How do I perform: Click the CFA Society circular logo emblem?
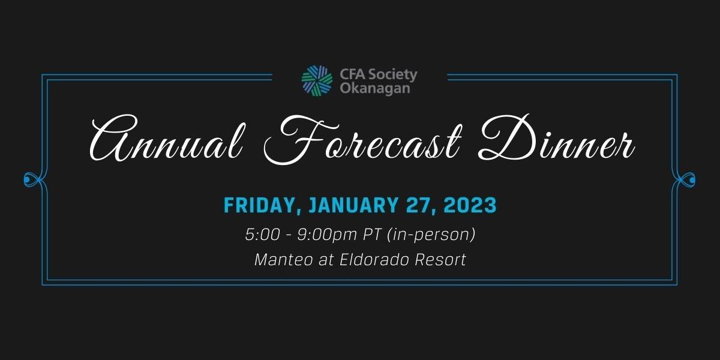pyautogui.click(x=317, y=80)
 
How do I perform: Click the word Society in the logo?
pyautogui.click(x=393, y=75)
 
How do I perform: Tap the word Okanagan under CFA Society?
pyautogui.click(x=375, y=89)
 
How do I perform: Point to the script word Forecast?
pyautogui.click(x=363, y=139)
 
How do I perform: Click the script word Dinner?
pyautogui.click(x=556, y=138)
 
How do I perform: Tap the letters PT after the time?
pyautogui.click(x=372, y=235)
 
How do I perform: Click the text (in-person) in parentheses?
pyautogui.click(x=431, y=235)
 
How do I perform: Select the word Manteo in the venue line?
pyautogui.click(x=283, y=260)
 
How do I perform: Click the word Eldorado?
pyautogui.click(x=374, y=260)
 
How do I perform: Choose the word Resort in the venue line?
pyautogui.click(x=440, y=260)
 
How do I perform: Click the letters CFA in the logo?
pyautogui.click(x=353, y=74)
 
